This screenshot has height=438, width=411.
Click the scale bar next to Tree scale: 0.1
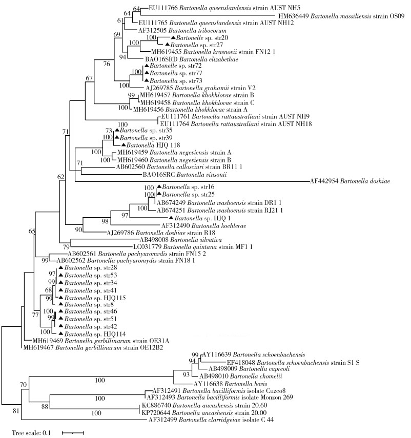point(72,433)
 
